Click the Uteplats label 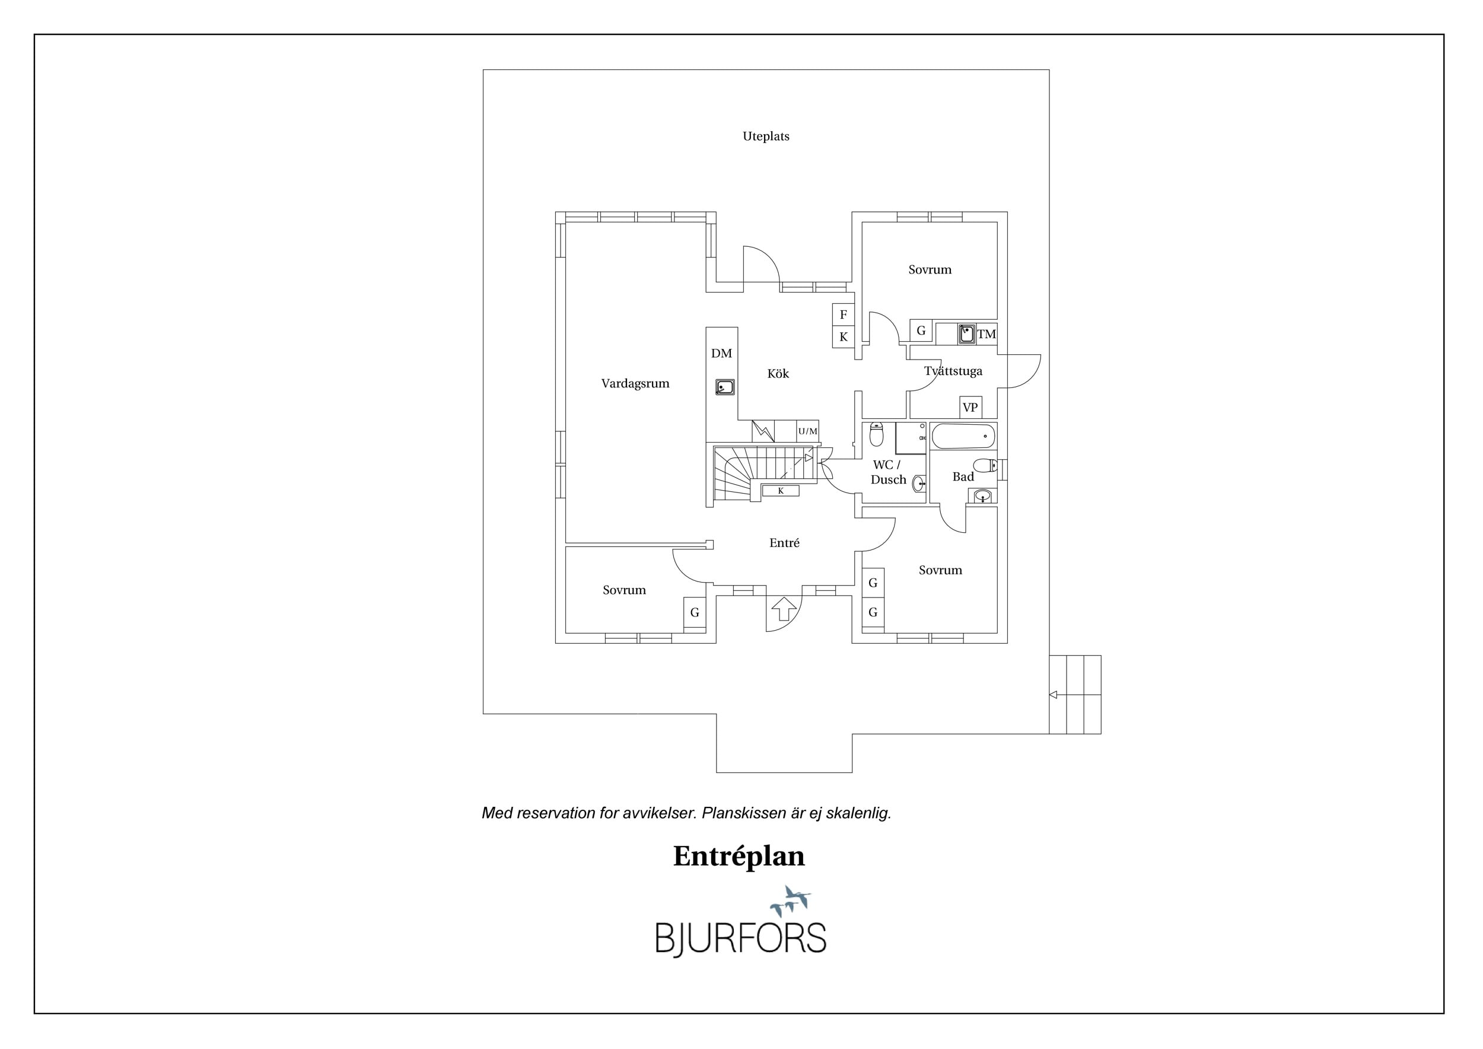765,136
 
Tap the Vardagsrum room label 635,383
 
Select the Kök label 778,373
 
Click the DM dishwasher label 721,354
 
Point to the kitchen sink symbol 725,387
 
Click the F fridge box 844,314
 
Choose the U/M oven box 807,431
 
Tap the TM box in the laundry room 986,334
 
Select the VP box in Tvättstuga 970,408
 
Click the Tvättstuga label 953,371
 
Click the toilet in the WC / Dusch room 877,434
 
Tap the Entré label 784,543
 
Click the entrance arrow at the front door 784,609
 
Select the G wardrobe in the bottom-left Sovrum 695,612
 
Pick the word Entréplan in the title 739,857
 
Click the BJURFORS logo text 741,939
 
